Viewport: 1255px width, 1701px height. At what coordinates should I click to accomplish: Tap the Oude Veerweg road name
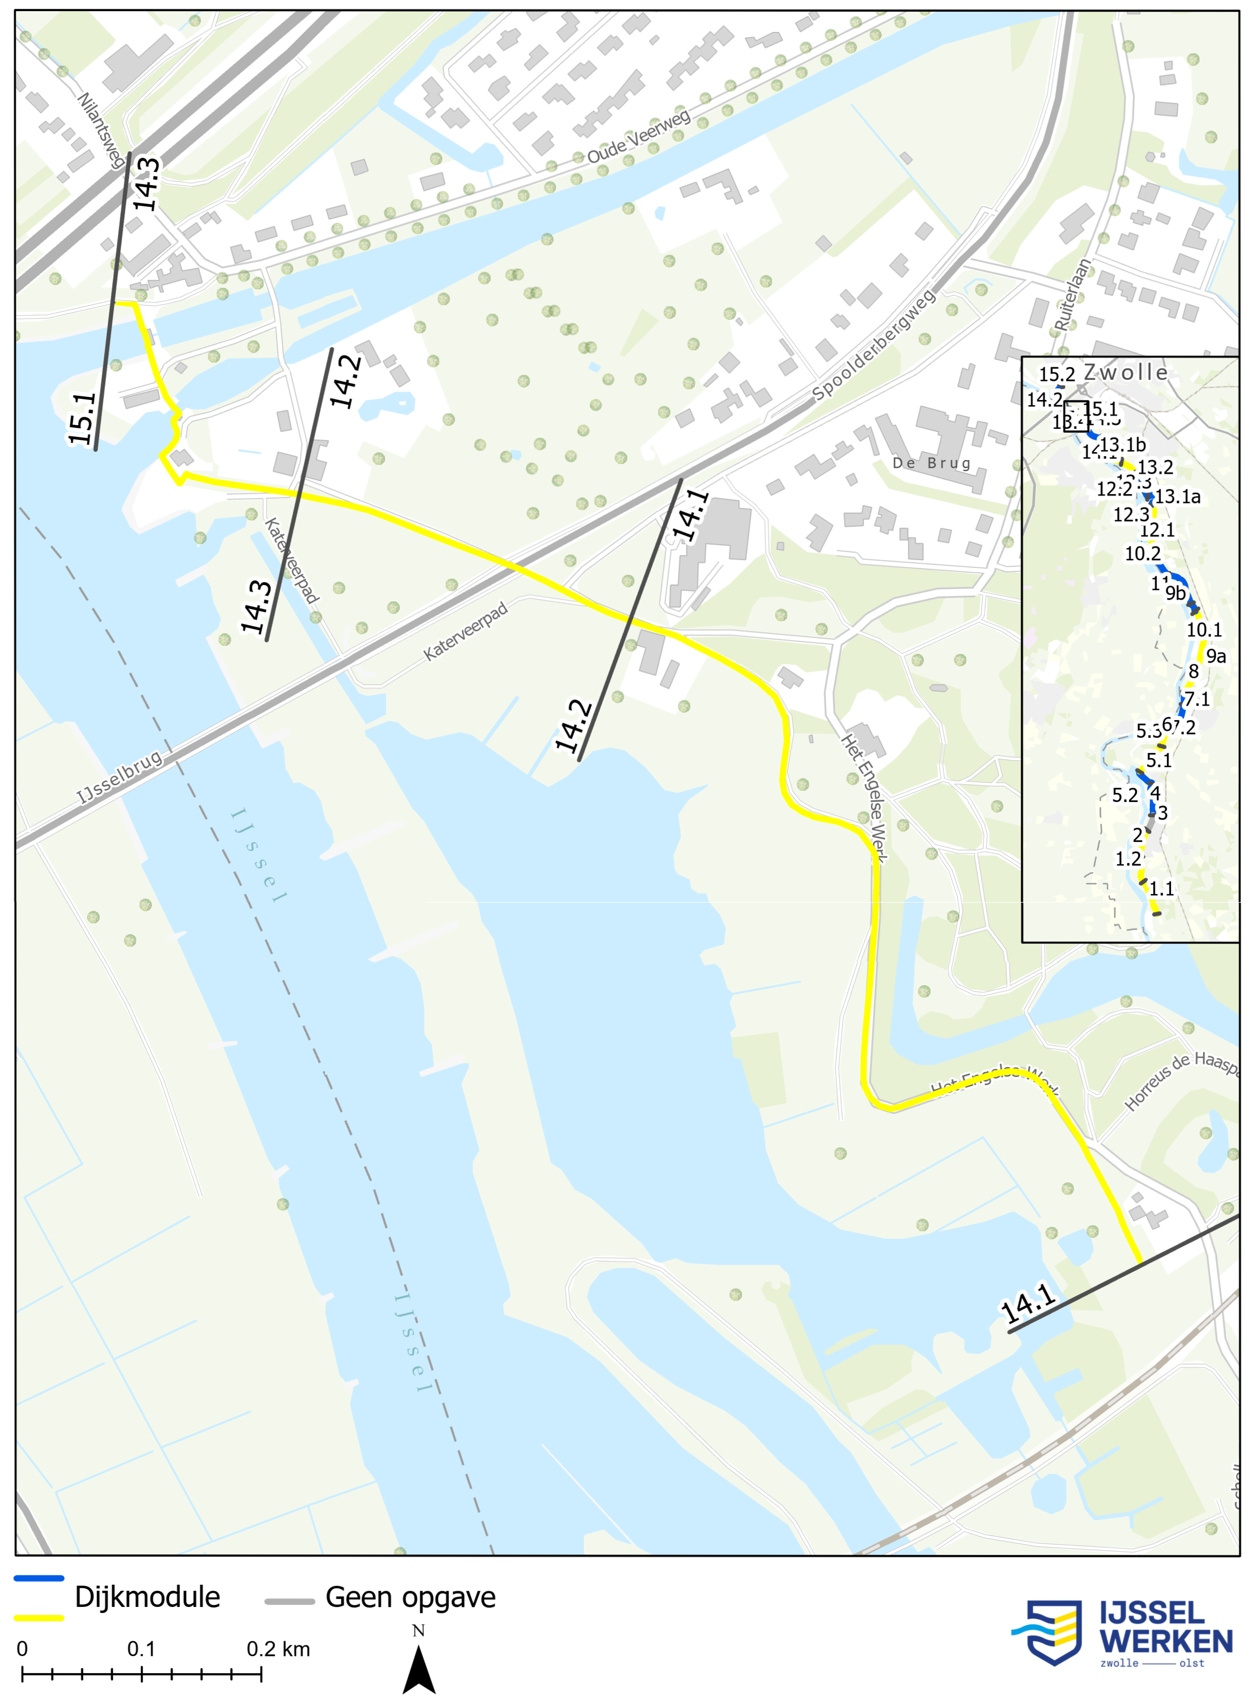pos(638,136)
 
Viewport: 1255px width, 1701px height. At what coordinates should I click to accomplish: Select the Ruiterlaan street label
pos(1072,295)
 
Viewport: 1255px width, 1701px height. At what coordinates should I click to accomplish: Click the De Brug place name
pos(931,463)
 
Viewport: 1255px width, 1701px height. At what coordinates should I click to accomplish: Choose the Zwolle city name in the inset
pos(1126,372)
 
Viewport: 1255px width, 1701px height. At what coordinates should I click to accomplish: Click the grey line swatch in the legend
pos(289,1601)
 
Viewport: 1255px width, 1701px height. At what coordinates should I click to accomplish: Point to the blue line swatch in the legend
pos(39,1579)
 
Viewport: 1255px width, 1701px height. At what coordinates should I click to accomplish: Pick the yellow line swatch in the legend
pos(39,1618)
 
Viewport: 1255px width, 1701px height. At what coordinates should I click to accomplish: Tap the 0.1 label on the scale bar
pos(141,1649)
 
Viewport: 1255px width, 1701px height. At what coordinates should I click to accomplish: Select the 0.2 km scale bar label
pos(278,1649)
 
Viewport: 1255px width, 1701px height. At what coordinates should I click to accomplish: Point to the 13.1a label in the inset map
pos(1178,497)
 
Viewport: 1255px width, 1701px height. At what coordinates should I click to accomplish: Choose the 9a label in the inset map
pos(1216,656)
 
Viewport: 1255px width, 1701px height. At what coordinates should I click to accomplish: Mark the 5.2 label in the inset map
pos(1125,795)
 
